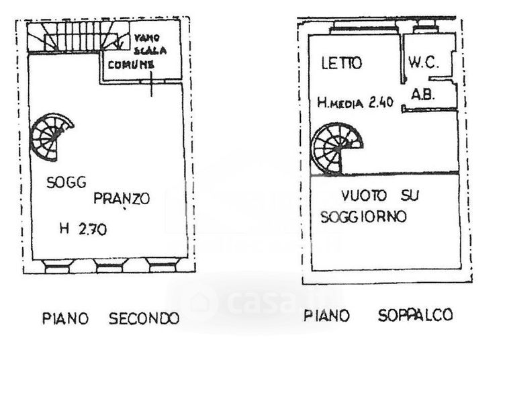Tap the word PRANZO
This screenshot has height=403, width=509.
tap(121, 199)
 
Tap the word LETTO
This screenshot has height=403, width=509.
tap(341, 64)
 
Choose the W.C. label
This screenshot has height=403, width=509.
tap(423, 64)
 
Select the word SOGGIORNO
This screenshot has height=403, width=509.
tap(364, 218)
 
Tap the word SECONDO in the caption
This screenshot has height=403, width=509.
tap(144, 318)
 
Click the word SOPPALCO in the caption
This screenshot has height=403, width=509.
tap(415, 315)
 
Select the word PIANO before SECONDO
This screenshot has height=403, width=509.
tap(65, 318)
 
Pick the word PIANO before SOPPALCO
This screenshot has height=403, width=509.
tap(326, 315)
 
